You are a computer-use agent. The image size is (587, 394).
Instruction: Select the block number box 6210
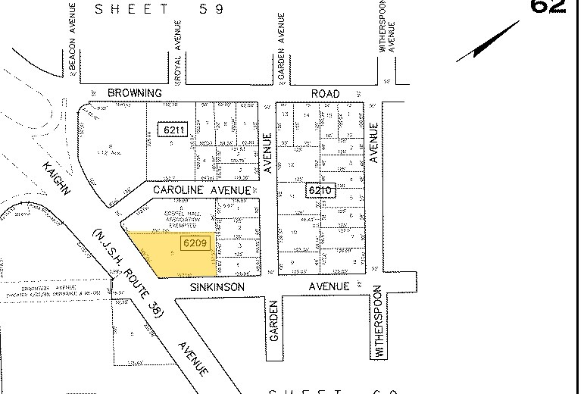pos(319,190)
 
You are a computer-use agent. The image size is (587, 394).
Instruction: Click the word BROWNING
pos(135,93)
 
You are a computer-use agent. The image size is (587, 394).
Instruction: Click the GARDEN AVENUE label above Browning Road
pos(280,44)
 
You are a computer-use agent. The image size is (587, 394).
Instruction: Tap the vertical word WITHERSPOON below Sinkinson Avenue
pos(379,328)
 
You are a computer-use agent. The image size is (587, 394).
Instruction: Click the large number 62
pos(548,6)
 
